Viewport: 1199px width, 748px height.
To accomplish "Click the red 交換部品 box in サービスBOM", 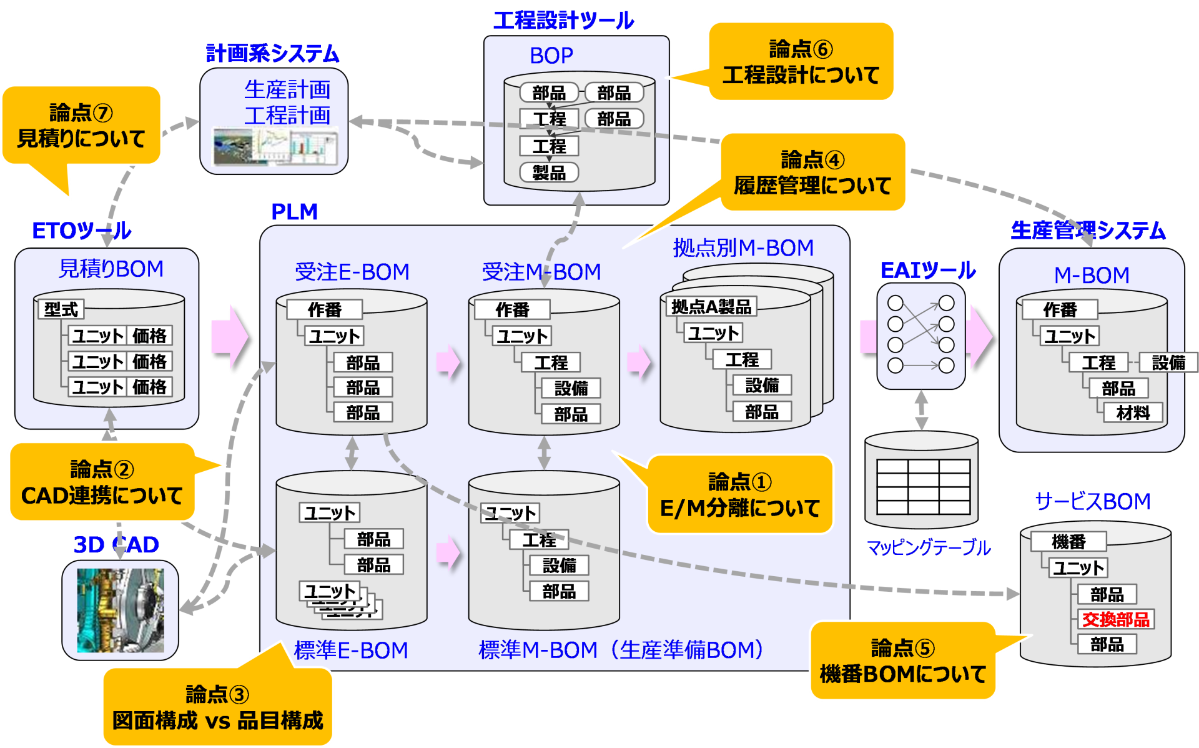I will (1115, 619).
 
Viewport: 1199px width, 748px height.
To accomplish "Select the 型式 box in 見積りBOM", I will (61, 309).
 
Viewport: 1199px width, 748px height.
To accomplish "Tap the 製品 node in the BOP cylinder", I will (549, 172).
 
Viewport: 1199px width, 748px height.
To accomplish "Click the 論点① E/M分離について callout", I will (739, 495).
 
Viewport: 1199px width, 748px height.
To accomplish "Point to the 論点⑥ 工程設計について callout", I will (801, 62).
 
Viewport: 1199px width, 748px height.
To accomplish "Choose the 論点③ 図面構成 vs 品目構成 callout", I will (217, 707).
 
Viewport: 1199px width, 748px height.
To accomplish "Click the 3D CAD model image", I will (120, 610).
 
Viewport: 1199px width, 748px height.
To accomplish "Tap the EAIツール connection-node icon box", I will (921, 336).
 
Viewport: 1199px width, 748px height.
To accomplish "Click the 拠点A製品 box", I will (711, 306).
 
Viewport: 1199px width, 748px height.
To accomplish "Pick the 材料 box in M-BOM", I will (1132, 412).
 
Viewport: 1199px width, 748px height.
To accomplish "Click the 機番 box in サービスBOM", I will (1068, 541).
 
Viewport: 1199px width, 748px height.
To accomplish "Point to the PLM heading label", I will (294, 212).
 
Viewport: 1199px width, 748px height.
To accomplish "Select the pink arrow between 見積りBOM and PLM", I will (229, 337).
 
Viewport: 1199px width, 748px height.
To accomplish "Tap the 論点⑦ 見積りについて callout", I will (81, 126).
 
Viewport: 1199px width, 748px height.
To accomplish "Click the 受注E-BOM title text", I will (352, 272).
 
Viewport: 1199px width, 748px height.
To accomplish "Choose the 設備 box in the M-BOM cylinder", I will (1168, 362).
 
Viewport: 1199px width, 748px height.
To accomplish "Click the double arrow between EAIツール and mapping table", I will (921, 410).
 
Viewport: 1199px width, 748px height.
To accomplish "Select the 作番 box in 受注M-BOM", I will (512, 309).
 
